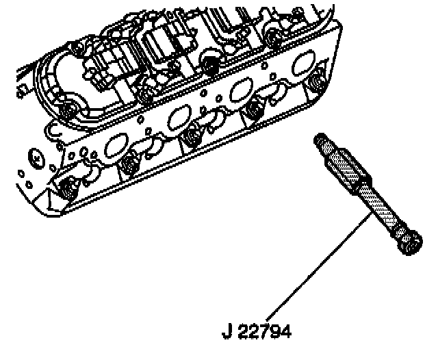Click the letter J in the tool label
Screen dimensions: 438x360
click(x=226, y=333)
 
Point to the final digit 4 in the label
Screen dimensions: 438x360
click(x=286, y=333)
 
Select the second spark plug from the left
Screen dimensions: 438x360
click(x=127, y=166)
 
